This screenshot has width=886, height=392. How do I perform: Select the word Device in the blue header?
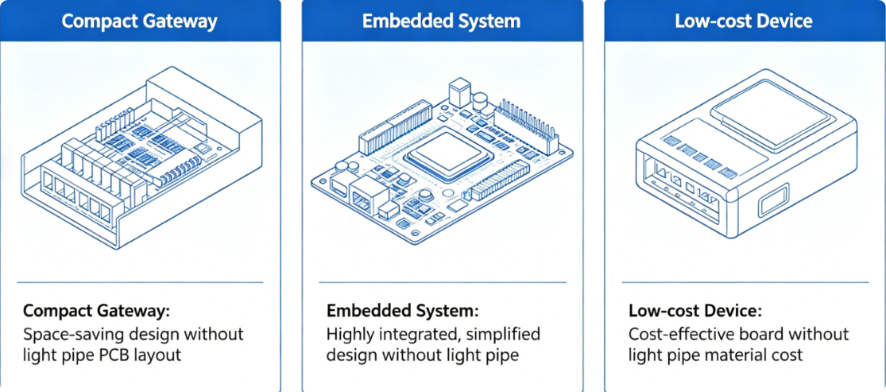point(783,21)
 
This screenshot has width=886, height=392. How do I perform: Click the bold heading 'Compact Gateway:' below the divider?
point(96,311)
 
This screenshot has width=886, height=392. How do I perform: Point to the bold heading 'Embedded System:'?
point(402,311)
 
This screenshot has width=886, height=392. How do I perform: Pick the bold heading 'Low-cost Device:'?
point(695,311)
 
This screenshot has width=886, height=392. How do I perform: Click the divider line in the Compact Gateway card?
point(140,282)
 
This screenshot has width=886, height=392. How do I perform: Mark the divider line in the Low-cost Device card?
point(745,282)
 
